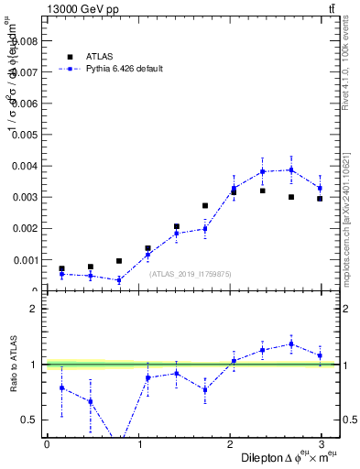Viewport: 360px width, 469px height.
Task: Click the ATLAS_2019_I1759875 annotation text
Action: coord(190,273)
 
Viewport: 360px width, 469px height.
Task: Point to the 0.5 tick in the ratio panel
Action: coord(30,420)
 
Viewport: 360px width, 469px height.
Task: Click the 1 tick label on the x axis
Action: coord(139,443)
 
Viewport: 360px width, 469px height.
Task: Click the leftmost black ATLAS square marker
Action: coord(61,268)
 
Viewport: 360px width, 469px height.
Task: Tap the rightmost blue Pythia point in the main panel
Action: coord(320,189)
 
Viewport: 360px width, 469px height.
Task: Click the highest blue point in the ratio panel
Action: coord(291,344)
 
